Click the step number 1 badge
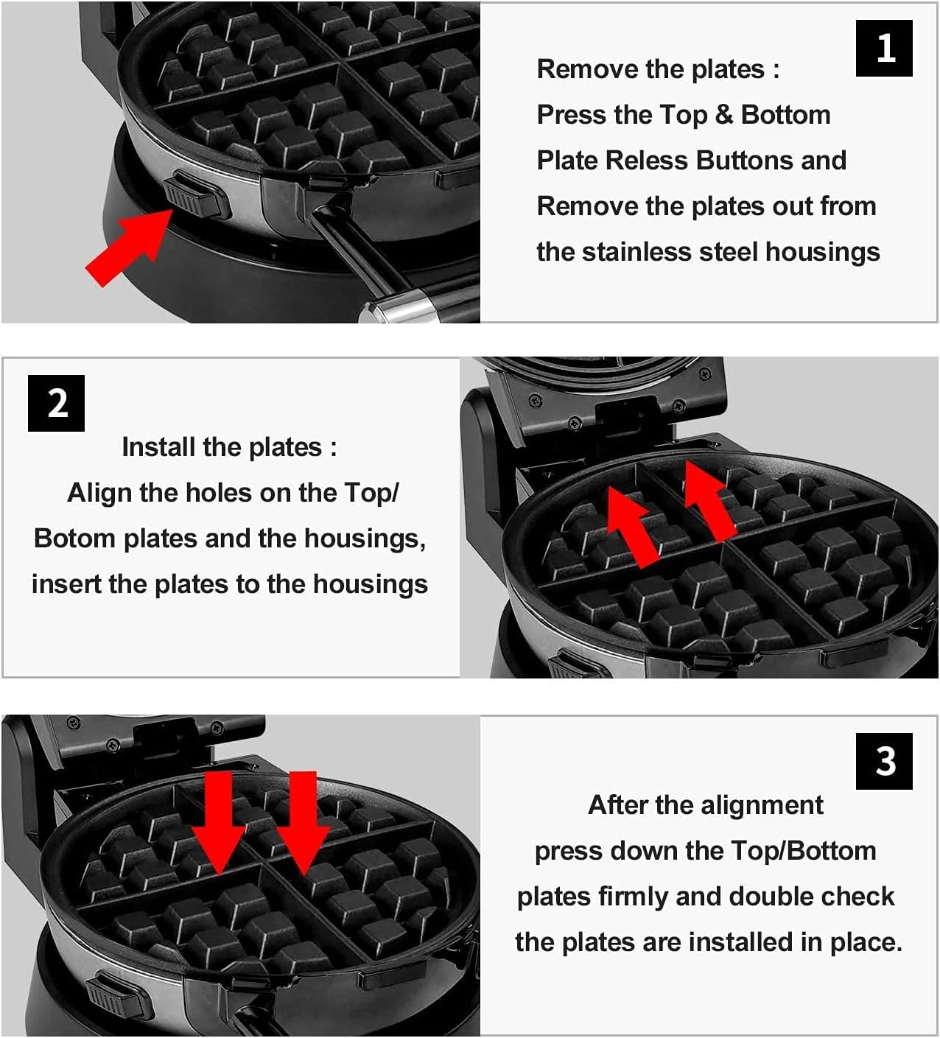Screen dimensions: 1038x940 (x=884, y=48)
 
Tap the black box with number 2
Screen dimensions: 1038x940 (x=57, y=404)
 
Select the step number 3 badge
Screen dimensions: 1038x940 (x=884, y=761)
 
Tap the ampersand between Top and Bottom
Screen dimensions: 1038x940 (x=723, y=115)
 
